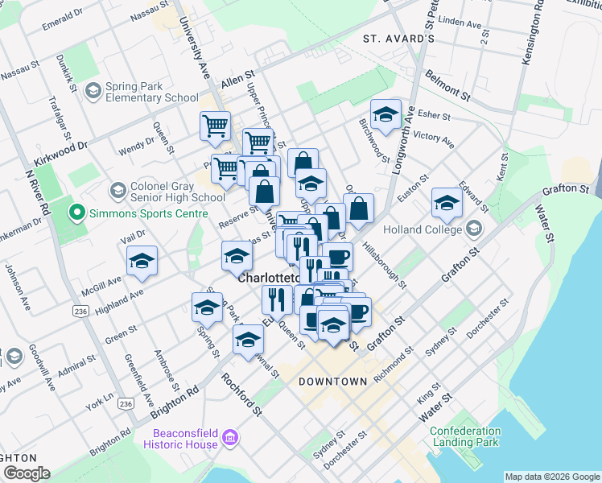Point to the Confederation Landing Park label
coord(465,436)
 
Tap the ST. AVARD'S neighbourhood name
coord(398,38)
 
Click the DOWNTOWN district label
coord(332,381)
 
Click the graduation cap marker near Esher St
coord(386,115)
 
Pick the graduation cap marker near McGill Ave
coord(142,261)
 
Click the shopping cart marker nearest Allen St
coord(215,126)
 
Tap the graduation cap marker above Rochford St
coord(249,340)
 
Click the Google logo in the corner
coord(27,473)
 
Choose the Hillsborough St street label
coord(383,263)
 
